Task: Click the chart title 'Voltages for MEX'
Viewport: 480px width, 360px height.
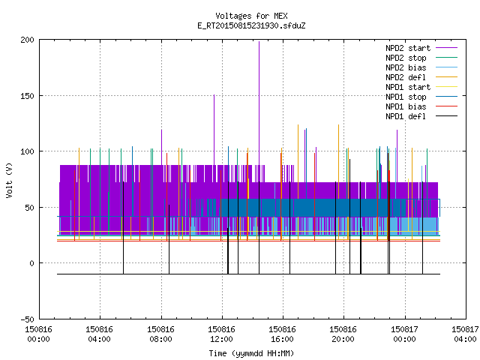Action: [x=251, y=16]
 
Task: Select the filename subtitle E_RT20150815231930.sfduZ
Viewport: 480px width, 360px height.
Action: [x=251, y=25]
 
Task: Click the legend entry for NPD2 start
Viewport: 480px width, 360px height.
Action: [x=421, y=48]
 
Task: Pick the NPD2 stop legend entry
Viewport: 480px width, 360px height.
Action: [x=421, y=58]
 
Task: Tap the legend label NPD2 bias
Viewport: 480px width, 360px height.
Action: [x=421, y=67]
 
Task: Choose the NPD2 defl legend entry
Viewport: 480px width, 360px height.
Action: [x=421, y=77]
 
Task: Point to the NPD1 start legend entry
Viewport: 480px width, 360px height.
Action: [x=421, y=87]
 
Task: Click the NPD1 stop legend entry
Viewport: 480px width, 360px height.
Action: [x=421, y=97]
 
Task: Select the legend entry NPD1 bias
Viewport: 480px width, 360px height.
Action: [x=421, y=106]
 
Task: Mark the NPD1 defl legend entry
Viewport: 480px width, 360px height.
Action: [x=421, y=117]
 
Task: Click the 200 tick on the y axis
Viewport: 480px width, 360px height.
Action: [x=27, y=40]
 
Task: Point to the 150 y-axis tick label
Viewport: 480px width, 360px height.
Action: [x=27, y=96]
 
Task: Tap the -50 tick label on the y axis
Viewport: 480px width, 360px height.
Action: [x=27, y=319]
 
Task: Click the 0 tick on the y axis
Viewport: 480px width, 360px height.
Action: [x=31, y=263]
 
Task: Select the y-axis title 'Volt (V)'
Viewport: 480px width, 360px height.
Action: [x=9, y=180]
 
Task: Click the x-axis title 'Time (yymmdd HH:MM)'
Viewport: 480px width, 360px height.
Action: [x=251, y=353]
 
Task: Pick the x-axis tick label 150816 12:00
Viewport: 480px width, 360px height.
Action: [x=221, y=334]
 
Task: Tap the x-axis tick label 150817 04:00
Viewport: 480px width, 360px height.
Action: [x=465, y=334]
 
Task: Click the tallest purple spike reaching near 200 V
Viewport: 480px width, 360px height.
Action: [x=259, y=103]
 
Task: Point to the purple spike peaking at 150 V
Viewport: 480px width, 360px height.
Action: [x=214, y=130]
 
